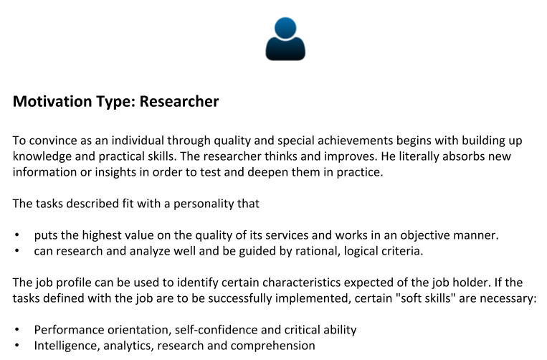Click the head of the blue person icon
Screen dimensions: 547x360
click(x=285, y=27)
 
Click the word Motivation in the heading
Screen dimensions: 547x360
click(x=52, y=102)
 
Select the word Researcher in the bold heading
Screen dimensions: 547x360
click(x=179, y=102)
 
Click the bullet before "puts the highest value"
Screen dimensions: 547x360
click(x=17, y=235)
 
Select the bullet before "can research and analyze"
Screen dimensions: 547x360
click(x=17, y=251)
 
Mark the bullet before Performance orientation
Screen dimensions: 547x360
click(x=17, y=330)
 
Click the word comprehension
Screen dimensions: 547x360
click(x=273, y=346)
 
